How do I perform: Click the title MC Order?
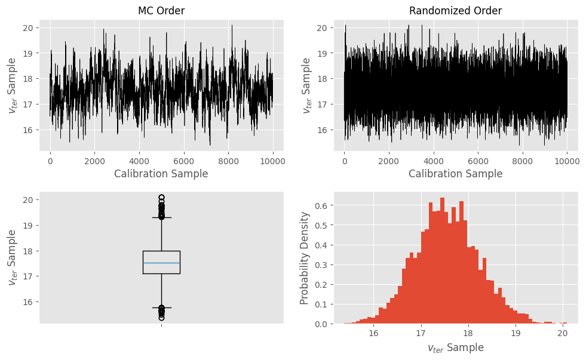click(x=161, y=11)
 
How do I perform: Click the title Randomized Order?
click(x=455, y=11)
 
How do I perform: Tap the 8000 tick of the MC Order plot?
click(x=228, y=161)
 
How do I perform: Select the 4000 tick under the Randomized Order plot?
click(x=433, y=161)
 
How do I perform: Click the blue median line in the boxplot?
click(x=161, y=263)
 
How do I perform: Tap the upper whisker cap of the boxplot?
click(x=161, y=217)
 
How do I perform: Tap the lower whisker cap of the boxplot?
click(x=161, y=307)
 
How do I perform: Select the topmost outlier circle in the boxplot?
click(x=161, y=197)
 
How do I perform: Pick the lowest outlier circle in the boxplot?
click(x=161, y=318)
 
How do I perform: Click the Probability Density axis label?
click(x=305, y=258)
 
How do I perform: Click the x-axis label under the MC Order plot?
click(x=161, y=174)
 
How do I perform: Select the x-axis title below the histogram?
click(x=455, y=347)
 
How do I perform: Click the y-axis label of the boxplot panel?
click(x=13, y=258)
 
